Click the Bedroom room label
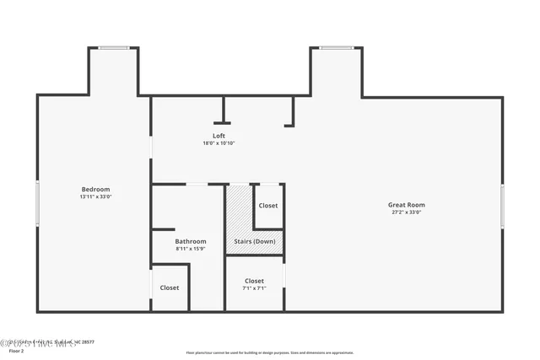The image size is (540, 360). pos(95,190)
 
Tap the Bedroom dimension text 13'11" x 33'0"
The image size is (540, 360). pos(95,196)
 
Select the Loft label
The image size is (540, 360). pos(219,136)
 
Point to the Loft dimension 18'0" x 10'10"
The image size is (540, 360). pos(219,143)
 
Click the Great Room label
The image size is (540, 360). pos(406,205)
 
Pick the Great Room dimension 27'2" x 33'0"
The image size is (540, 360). pos(406,212)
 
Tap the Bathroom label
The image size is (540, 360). pos(191,241)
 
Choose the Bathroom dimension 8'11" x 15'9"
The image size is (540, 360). pos(191,249)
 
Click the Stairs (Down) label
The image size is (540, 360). pos(254,241)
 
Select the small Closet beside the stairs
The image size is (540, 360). pos(268,206)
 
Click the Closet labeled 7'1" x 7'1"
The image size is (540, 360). pos(254,281)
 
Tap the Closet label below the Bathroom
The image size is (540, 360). pos(170,287)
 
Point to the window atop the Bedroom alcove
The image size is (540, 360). pos(113,48)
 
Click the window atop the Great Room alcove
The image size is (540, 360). pos(337,48)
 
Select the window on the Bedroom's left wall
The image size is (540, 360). pos(37,203)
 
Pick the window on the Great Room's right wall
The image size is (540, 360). pos(502,206)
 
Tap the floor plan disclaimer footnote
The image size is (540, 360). pos(270,352)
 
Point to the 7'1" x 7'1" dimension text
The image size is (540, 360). pos(254,288)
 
